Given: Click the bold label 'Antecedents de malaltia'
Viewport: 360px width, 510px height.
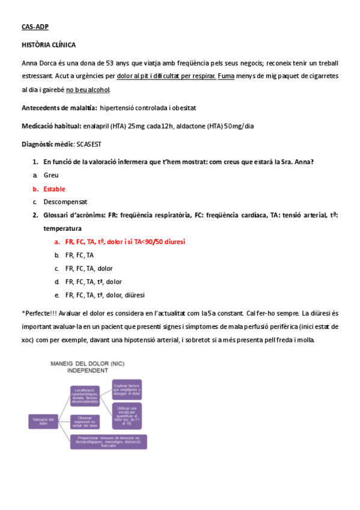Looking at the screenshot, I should pos(59,108).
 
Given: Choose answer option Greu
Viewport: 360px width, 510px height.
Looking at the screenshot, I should pos(51,175).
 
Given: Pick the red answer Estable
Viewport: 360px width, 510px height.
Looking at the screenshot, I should pos(55,189).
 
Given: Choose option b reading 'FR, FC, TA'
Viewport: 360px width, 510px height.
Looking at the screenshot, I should pos(79,255).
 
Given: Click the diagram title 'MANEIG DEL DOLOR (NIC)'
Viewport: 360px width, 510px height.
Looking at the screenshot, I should pos(88,364).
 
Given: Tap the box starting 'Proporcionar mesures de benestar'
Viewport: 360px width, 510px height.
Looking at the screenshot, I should pos(108,441).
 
